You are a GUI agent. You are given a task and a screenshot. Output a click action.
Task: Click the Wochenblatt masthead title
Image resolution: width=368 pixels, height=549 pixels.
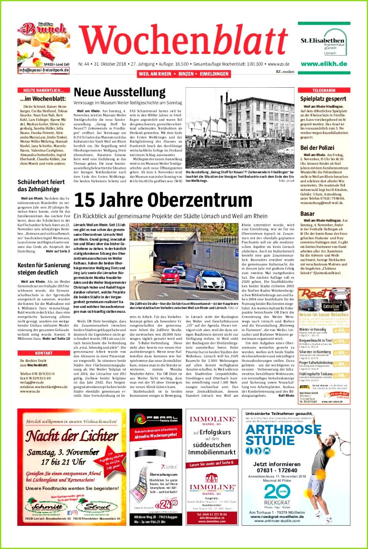183,41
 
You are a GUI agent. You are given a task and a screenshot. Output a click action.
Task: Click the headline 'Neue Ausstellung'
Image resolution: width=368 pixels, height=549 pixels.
120,92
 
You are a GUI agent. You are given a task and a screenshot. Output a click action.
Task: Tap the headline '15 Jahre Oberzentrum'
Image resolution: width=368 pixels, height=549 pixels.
163,200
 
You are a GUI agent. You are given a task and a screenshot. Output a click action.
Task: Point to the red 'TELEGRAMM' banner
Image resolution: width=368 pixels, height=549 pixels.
324,90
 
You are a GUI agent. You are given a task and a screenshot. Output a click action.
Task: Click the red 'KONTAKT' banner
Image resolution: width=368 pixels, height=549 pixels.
44,353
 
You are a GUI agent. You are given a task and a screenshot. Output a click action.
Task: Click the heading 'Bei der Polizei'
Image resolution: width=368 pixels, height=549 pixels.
317,148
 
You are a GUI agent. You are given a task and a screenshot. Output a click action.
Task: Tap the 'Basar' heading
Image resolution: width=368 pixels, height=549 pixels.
307,214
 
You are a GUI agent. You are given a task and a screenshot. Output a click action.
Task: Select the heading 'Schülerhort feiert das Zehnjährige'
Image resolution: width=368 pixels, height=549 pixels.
41,185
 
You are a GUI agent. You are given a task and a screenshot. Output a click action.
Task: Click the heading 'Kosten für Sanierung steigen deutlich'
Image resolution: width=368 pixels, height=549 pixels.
44,268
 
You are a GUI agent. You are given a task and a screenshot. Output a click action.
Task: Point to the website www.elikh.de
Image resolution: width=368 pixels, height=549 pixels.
324,64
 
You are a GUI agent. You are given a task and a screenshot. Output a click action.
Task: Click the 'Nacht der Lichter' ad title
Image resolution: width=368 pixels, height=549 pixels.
72,436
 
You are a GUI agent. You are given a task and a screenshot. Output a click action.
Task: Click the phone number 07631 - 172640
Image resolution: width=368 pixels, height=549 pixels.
277,470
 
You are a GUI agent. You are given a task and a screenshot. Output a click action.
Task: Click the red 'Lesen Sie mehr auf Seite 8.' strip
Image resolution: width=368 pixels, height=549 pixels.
212,464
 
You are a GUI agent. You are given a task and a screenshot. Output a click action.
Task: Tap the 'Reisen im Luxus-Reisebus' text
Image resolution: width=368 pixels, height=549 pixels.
324,315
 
